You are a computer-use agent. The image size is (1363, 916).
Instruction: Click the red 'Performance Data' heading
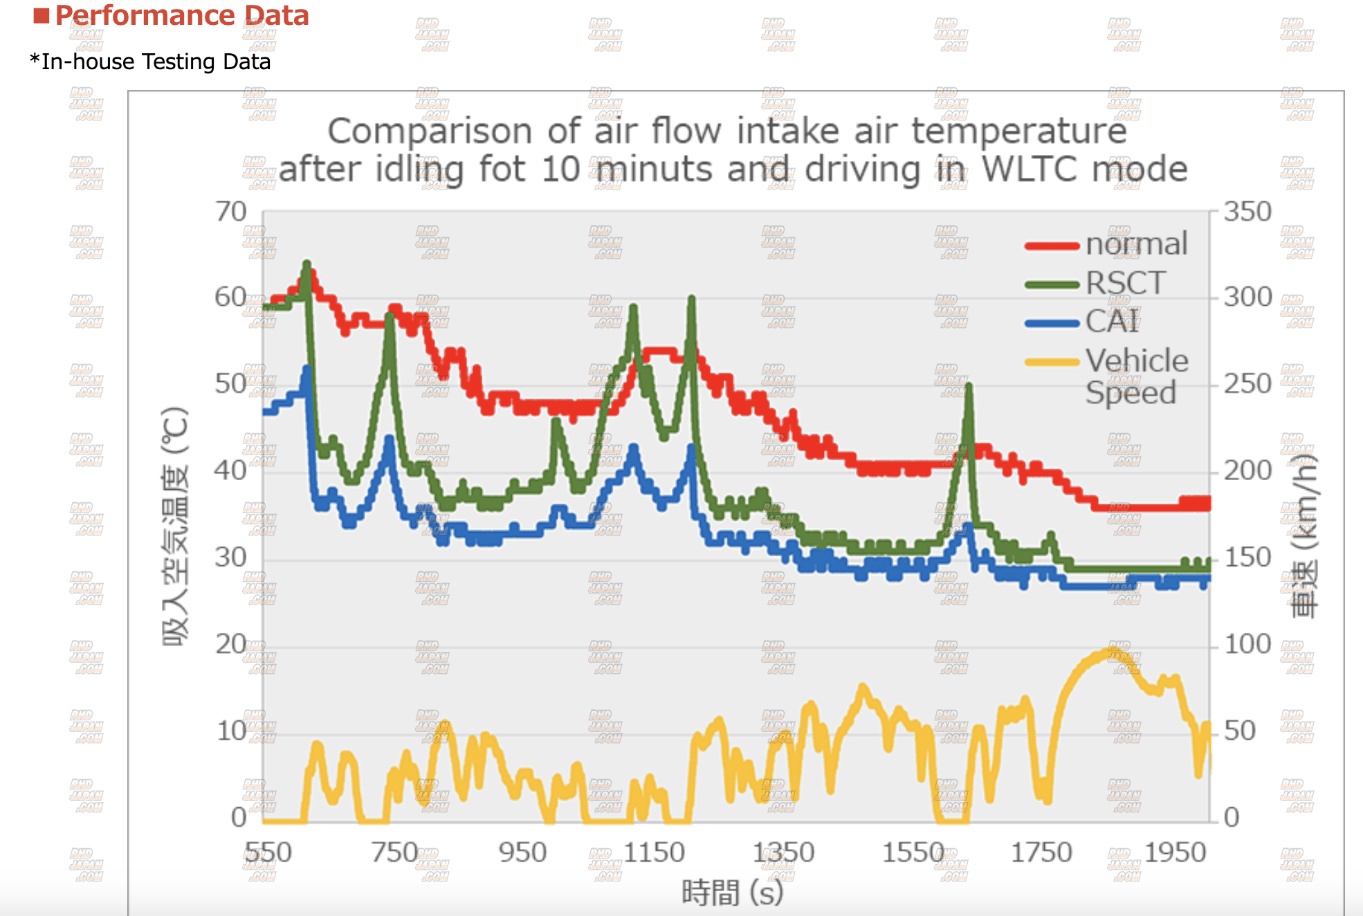click(181, 15)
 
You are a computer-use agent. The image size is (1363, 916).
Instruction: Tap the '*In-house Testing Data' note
click(150, 62)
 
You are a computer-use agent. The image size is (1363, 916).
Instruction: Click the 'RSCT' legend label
click(1126, 283)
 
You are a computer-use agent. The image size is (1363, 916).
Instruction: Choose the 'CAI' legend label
click(1112, 321)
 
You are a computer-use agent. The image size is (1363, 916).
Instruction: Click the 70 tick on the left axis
click(231, 212)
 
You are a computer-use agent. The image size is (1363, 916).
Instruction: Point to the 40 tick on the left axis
click(230, 470)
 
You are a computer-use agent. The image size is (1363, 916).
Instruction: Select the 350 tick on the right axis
click(1247, 212)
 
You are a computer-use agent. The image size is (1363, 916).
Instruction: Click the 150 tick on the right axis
click(1247, 558)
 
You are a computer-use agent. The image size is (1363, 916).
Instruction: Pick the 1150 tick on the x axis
click(654, 852)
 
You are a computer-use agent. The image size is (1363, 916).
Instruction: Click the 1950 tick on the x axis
click(1175, 852)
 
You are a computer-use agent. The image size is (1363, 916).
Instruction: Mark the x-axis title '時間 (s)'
click(732, 892)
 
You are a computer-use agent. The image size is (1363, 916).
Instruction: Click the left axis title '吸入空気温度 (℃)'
click(175, 526)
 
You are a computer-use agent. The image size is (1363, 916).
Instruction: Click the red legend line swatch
click(1052, 246)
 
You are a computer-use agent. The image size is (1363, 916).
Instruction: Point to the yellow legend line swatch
click(1052, 362)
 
